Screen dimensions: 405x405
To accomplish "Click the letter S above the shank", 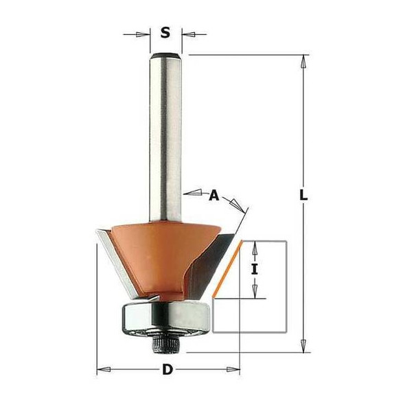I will click(x=165, y=32).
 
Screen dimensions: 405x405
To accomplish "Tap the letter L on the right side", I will click(x=303, y=196).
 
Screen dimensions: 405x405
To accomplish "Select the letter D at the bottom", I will click(x=167, y=371).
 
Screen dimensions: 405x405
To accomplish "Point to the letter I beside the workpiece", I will click(x=255, y=269).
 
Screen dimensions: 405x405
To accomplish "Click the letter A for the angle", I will click(x=213, y=196).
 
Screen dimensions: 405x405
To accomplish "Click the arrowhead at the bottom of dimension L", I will click(x=302, y=346).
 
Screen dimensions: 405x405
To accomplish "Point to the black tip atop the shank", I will click(x=165, y=54).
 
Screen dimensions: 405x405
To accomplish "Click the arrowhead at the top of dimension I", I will click(x=255, y=246).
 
